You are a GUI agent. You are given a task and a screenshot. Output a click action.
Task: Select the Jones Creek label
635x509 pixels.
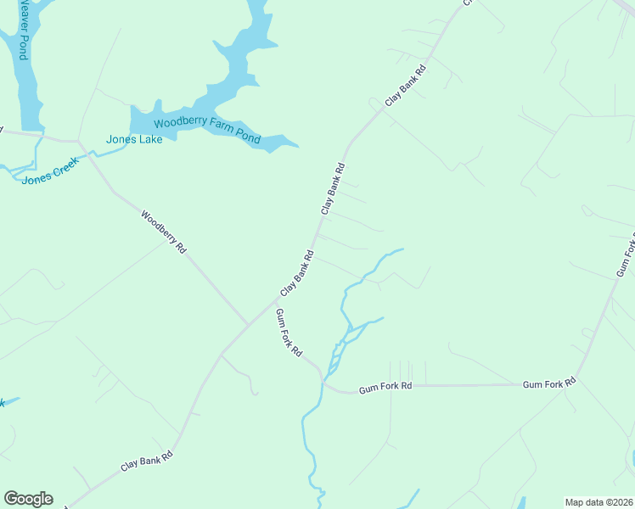tap(50, 170)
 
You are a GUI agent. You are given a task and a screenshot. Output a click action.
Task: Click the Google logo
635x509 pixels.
tap(28, 499)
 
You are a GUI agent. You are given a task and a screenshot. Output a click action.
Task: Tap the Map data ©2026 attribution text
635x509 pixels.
tap(598, 501)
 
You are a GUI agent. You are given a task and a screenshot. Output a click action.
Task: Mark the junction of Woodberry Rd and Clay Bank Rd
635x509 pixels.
tap(247, 325)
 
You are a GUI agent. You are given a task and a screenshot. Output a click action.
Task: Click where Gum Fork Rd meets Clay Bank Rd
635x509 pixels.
tap(277, 299)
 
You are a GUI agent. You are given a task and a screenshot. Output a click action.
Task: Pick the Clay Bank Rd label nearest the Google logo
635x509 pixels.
tap(147, 461)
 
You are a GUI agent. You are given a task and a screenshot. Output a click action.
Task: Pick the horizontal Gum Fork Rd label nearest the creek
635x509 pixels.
tap(385, 387)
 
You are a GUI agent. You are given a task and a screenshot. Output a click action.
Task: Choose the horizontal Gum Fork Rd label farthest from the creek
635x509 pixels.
tap(548, 384)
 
